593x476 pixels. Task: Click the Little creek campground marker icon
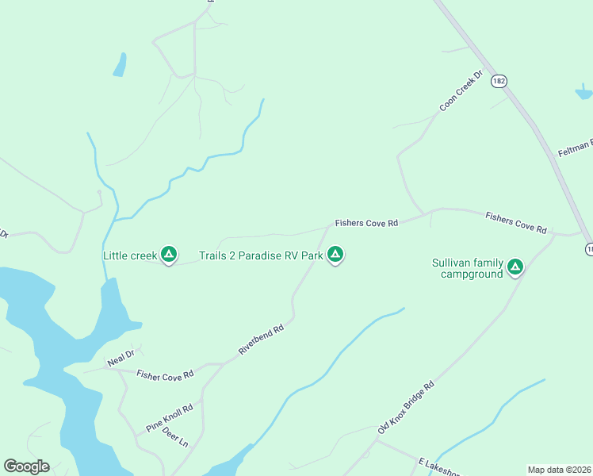[168, 255]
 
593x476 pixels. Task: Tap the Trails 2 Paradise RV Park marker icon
[335, 255]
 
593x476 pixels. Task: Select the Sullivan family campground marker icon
[515, 267]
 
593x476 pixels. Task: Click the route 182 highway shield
[498, 81]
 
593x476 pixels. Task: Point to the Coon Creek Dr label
[461, 92]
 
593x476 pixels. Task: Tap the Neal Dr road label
[122, 358]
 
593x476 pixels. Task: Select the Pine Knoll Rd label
[170, 420]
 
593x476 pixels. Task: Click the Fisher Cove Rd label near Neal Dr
[165, 375]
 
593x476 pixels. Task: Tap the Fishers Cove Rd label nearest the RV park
[365, 224]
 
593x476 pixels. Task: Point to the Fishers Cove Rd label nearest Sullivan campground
[516, 221]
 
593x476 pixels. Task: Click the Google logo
[26, 466]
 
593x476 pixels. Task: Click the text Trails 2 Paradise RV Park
[261, 255]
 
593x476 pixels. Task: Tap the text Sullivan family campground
[468, 268]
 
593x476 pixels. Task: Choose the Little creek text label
[130, 255]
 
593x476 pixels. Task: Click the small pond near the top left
[120, 65]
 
